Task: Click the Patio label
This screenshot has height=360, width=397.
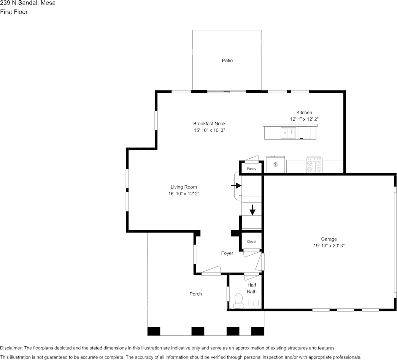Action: pyautogui.click(x=227, y=60)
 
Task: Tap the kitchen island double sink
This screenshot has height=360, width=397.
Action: pyautogui.click(x=288, y=133)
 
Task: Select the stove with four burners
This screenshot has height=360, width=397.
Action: pyautogui.click(x=314, y=165)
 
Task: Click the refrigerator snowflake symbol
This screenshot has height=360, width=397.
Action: pyautogui.click(x=275, y=164)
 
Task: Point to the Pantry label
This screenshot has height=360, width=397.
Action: pyautogui.click(x=251, y=169)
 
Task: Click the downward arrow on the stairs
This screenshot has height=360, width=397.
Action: pyautogui.click(x=252, y=210)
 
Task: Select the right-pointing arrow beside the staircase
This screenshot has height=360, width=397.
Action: pyautogui.click(x=236, y=186)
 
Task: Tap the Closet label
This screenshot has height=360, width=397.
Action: pyautogui.click(x=251, y=241)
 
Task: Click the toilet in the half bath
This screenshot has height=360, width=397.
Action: pyautogui.click(x=238, y=301)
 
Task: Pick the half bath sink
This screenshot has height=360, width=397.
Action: pyautogui.click(x=253, y=303)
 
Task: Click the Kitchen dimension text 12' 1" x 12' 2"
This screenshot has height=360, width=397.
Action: pyautogui.click(x=304, y=119)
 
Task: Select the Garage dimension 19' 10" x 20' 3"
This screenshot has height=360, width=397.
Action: pyautogui.click(x=329, y=245)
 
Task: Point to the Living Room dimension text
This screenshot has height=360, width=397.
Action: pyautogui.click(x=184, y=194)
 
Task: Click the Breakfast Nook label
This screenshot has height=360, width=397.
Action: pyautogui.click(x=210, y=124)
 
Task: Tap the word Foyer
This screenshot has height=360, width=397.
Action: pyautogui.click(x=227, y=253)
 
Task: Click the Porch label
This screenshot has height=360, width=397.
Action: pyautogui.click(x=196, y=294)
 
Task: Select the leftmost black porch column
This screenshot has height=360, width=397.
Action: pyautogui.click(x=154, y=331)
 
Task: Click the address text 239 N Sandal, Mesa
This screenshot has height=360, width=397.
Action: pyautogui.click(x=28, y=3)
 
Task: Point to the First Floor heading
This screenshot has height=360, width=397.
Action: pyautogui.click(x=14, y=12)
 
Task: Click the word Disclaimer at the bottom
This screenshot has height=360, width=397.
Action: pyautogui.click(x=11, y=348)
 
